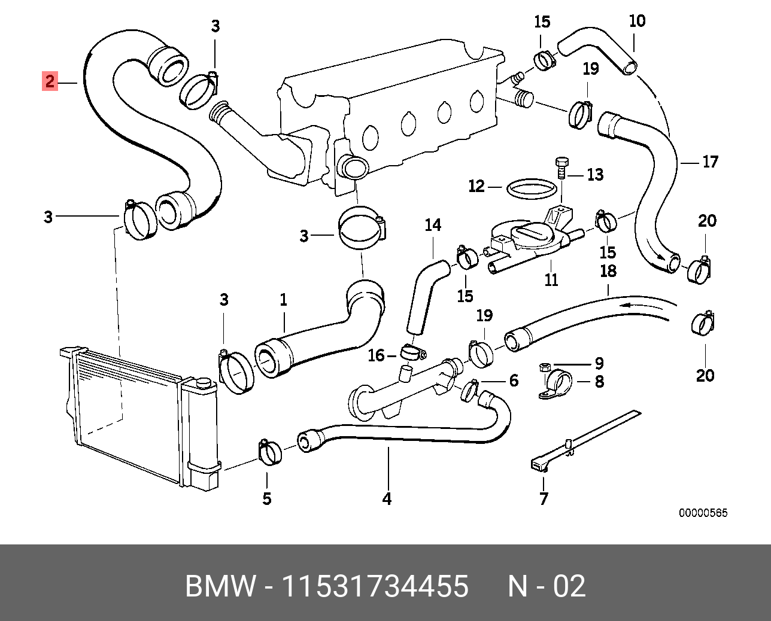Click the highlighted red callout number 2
point(50,81)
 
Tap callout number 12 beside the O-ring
point(476,186)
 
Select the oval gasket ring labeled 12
point(532,188)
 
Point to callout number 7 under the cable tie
point(544,499)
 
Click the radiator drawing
point(139,417)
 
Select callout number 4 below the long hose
point(387,499)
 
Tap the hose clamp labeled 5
point(270,453)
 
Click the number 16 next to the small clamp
point(376,355)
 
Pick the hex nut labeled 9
point(545,367)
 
